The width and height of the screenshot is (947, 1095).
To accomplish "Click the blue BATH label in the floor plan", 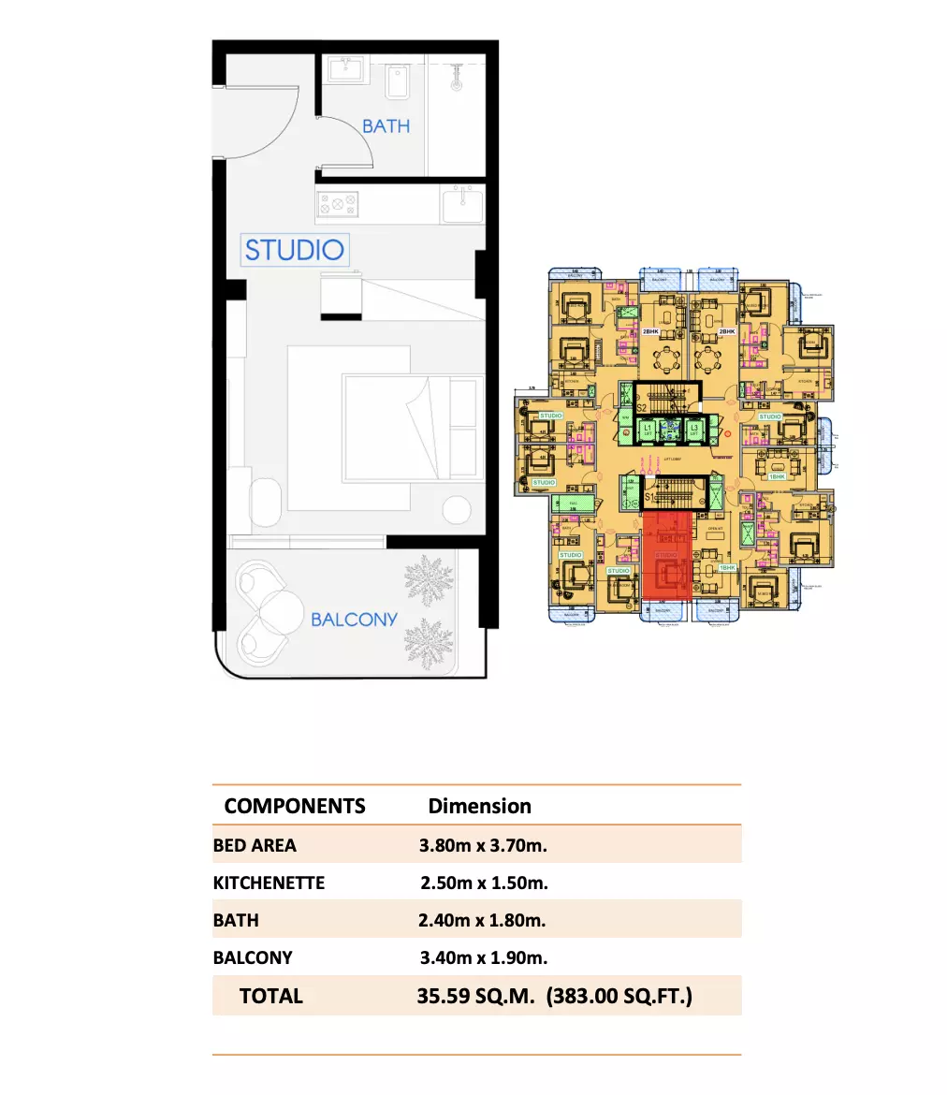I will [x=386, y=125].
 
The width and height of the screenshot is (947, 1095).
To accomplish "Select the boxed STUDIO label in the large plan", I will [x=294, y=250].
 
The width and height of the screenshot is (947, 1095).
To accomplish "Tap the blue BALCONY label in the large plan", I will [x=354, y=619].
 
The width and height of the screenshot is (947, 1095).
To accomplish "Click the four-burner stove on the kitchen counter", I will [x=338, y=204].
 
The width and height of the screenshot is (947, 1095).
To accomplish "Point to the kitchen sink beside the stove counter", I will [x=462, y=204].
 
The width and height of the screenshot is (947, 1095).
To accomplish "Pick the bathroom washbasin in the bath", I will [x=349, y=70].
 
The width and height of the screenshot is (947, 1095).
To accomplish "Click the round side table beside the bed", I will [x=457, y=511].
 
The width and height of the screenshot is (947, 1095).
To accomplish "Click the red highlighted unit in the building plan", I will [x=667, y=558].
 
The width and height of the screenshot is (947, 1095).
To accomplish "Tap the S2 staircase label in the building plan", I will [x=642, y=407].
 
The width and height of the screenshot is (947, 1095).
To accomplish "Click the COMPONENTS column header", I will [x=295, y=806].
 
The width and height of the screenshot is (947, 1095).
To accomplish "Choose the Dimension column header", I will [x=479, y=806].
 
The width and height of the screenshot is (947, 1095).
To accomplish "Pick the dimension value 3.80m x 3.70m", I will [x=483, y=845].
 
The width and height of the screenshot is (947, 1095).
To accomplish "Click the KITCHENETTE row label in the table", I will [x=269, y=883].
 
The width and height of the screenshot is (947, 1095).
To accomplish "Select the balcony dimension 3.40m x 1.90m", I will [x=483, y=957].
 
